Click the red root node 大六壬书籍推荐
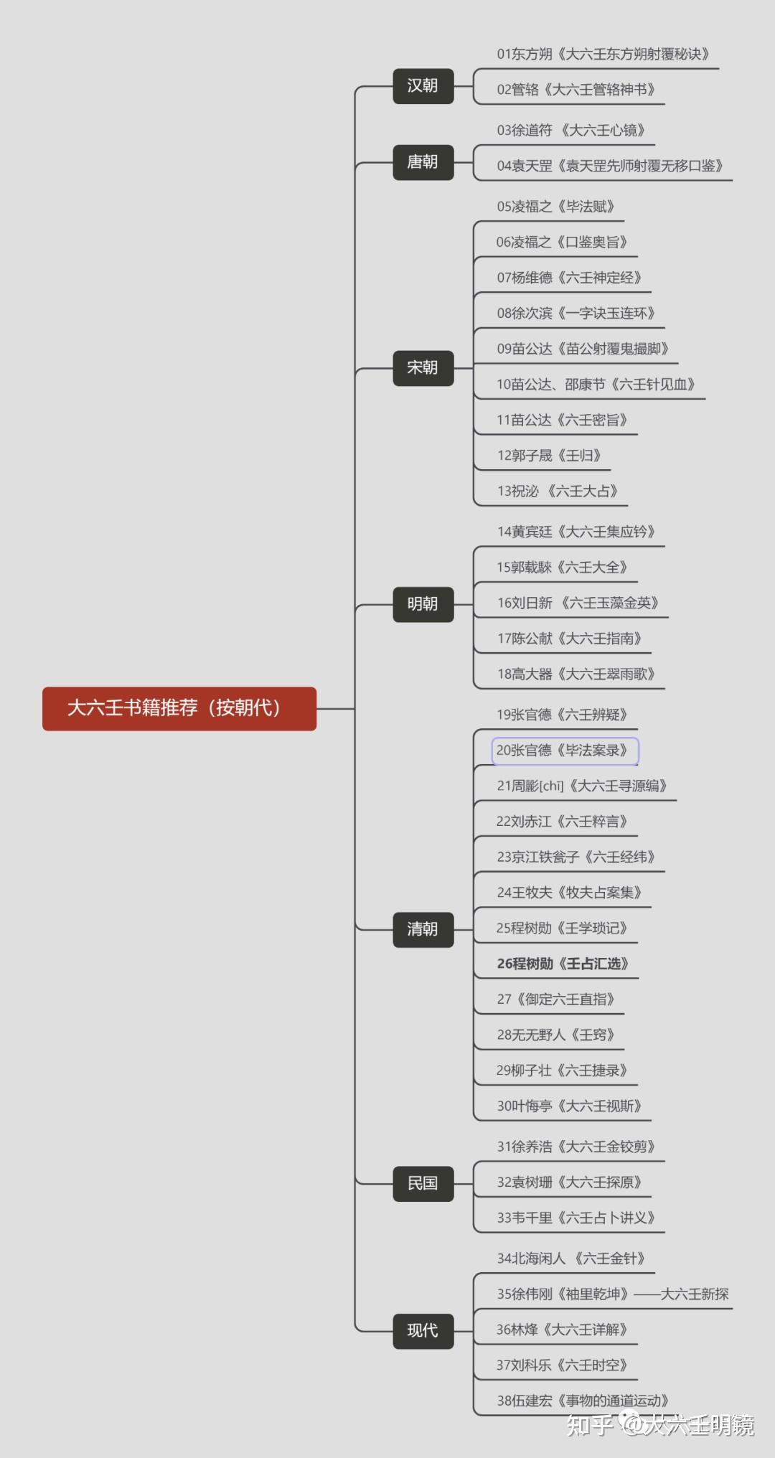click(x=179, y=708)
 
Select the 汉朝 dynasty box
click(x=423, y=86)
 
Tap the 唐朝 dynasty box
click(x=423, y=162)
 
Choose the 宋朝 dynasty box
click(x=423, y=368)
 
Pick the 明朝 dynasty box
click(x=423, y=604)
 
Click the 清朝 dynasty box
click(x=423, y=929)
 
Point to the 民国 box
click(x=423, y=1183)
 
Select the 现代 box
click(x=423, y=1331)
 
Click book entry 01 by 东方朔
click(x=603, y=55)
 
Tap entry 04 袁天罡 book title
click(x=609, y=166)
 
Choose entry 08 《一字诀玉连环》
click(x=576, y=314)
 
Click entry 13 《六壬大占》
click(x=557, y=492)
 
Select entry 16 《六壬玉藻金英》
click(x=578, y=603)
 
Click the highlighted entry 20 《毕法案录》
click(x=565, y=751)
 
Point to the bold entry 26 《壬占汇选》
click(x=563, y=964)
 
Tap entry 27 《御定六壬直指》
click(x=556, y=1000)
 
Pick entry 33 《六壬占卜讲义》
click(x=576, y=1218)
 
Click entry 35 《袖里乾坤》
click(x=612, y=1294)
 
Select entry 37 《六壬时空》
click(x=562, y=1365)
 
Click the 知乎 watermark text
click(x=590, y=1424)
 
